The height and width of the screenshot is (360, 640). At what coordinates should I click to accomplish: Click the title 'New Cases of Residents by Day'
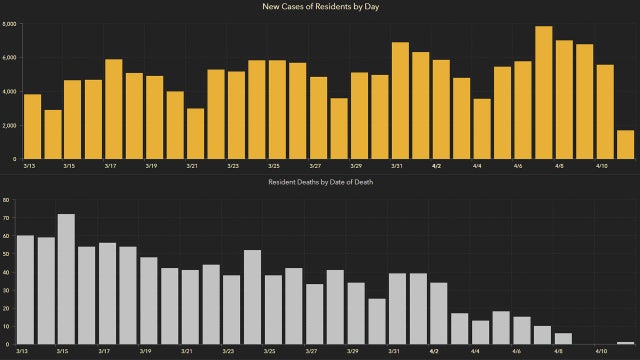[x=319, y=7]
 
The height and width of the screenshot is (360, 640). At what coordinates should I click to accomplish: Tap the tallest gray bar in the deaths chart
[x=66, y=279]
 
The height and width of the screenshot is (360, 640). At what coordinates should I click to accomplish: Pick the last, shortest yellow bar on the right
[x=625, y=144]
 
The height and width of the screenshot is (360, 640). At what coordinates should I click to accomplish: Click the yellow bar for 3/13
[x=32, y=126]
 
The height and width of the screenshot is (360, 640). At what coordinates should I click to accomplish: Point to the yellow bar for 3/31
[x=400, y=100]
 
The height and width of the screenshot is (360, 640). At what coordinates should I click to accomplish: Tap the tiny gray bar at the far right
[x=625, y=343]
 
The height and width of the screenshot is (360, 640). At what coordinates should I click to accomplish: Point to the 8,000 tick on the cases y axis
[x=9, y=24]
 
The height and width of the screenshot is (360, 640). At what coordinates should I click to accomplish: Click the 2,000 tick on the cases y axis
[x=9, y=126]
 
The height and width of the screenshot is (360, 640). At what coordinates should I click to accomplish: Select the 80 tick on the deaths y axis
[x=6, y=201]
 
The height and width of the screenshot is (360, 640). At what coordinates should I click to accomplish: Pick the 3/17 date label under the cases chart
[x=108, y=166]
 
